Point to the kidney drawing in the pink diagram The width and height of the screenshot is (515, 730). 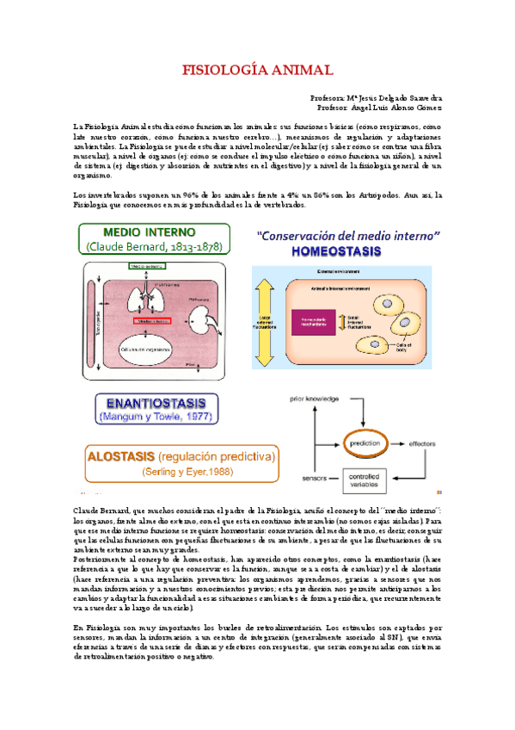(204, 323)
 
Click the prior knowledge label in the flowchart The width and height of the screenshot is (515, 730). (312, 401)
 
